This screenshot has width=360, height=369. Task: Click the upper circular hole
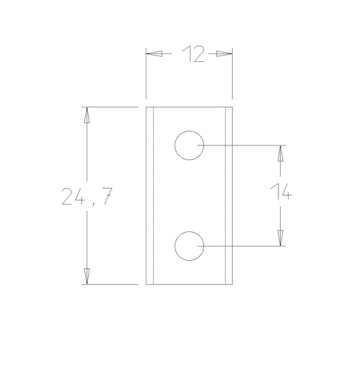click(x=188, y=146)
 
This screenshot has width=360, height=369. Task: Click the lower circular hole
click(x=188, y=246)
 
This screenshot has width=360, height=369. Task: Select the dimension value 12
click(x=190, y=53)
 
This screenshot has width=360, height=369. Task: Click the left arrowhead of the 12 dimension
click(x=154, y=53)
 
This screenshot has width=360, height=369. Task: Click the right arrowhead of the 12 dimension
click(x=225, y=53)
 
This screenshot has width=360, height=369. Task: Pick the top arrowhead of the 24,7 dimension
click(x=87, y=115)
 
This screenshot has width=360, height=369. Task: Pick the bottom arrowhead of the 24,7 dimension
click(x=87, y=276)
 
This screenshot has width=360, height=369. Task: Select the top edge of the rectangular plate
click(x=189, y=107)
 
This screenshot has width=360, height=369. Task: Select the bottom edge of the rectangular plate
click(x=189, y=284)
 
